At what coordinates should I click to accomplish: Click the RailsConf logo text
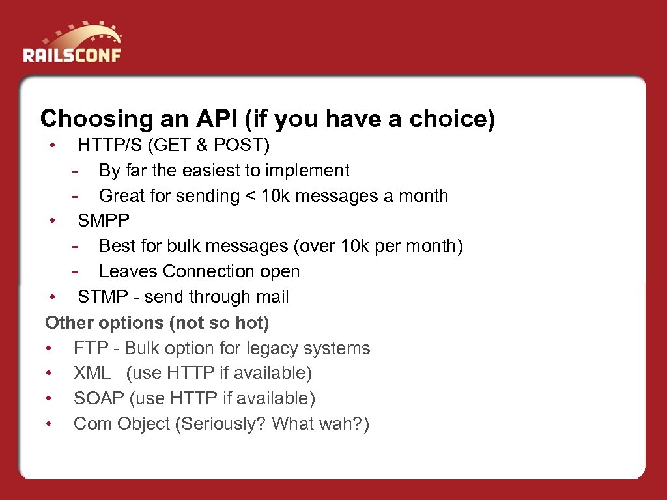72,54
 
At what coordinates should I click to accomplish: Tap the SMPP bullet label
104,221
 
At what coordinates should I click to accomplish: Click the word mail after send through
270,297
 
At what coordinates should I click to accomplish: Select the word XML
92,373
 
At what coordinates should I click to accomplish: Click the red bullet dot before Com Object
49,424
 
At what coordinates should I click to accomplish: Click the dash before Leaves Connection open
76,271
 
